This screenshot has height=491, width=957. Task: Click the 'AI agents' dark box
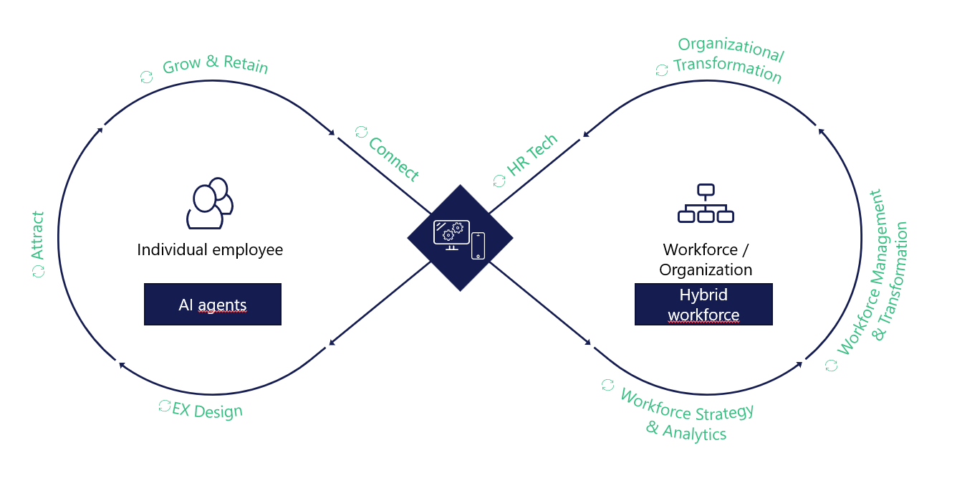pos(212,305)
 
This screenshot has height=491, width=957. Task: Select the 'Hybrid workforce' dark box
pos(703,305)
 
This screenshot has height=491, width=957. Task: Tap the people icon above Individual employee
pos(209,203)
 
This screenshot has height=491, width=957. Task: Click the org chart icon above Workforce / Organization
pos(706,204)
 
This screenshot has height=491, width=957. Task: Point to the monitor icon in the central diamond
pos(451,234)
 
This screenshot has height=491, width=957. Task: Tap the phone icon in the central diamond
pos(478,246)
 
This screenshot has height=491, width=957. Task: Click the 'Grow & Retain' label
pos(215,65)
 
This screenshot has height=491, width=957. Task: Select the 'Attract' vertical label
pos(38,235)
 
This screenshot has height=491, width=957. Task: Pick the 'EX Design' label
pos(208,410)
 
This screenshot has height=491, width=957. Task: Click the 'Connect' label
pos(393,158)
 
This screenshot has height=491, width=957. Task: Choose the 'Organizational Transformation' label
pos(728,60)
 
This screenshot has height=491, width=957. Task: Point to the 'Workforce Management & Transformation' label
pos(872,272)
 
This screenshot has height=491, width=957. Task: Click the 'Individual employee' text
pos(210,250)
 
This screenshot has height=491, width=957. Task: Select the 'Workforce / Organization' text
pos(706,259)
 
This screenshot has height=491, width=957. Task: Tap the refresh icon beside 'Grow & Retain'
pos(146,77)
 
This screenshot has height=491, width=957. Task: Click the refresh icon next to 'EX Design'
pos(164,406)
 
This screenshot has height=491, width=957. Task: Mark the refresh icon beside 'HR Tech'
pos(499,181)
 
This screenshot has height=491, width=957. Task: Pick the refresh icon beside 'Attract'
pos(38,270)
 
